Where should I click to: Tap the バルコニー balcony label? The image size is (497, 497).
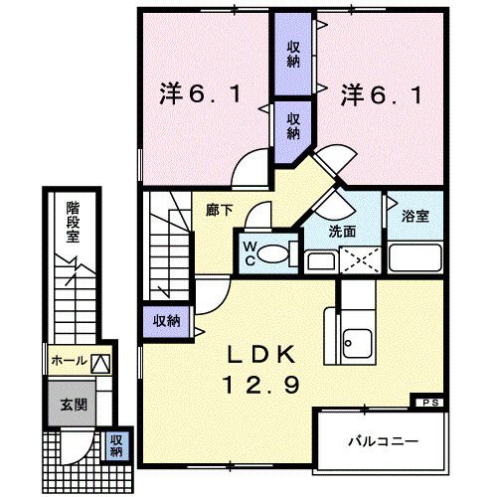point(381,438)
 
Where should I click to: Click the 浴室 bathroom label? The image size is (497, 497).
point(415,217)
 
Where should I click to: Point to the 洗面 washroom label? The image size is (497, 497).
point(343,231)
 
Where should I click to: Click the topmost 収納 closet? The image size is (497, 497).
point(294,52)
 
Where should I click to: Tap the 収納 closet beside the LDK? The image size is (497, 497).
point(167,320)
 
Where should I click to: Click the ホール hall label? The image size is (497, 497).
point(70,360)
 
